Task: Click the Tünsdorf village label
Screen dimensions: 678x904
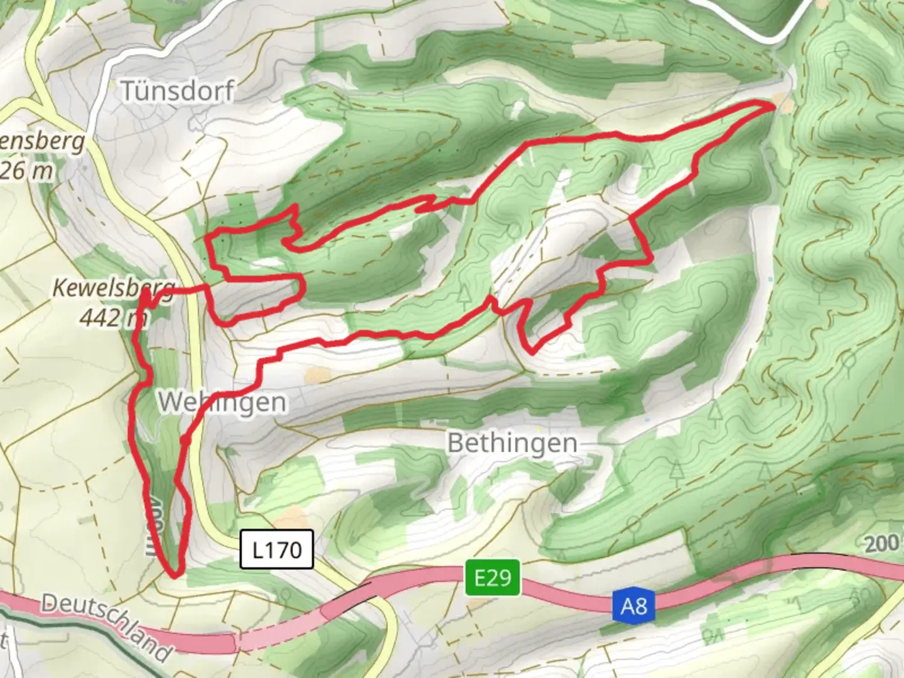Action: click(x=178, y=92)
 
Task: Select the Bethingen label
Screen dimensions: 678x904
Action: click(x=512, y=443)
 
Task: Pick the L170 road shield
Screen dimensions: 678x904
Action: click(x=276, y=550)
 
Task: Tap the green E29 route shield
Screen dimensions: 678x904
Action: click(x=493, y=577)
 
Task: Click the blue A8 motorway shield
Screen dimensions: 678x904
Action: click(x=633, y=606)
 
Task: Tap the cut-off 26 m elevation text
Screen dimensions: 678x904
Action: click(x=26, y=171)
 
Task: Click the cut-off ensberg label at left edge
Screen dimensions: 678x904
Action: click(x=41, y=142)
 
